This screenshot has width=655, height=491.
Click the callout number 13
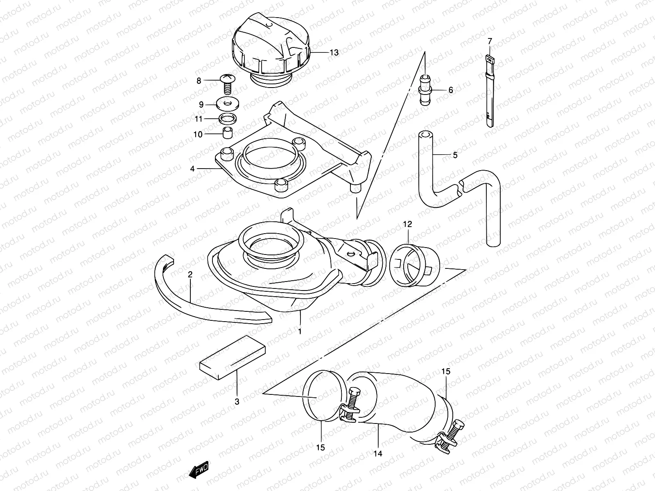(334, 53)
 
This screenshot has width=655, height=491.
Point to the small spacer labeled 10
(227, 133)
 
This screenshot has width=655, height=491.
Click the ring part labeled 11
(228, 119)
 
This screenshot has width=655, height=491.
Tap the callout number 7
(490, 41)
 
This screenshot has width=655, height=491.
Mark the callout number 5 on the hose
(455, 155)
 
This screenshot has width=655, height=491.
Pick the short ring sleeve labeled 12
(413, 266)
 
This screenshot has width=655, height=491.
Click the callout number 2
(190, 275)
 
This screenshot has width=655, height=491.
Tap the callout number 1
(300, 331)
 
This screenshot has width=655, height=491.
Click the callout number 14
(378, 453)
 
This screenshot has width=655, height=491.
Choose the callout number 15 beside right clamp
(445, 372)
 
